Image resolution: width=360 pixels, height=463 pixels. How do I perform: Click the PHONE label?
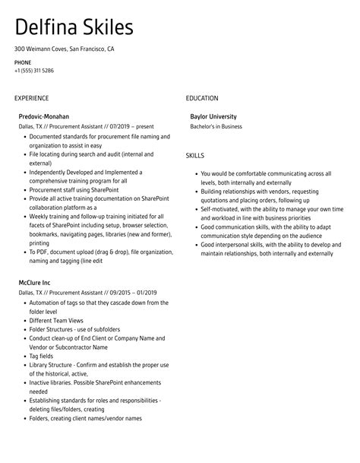[22, 62]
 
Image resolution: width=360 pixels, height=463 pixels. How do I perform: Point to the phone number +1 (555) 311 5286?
[33, 70]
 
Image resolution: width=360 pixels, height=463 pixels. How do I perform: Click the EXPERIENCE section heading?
[31, 98]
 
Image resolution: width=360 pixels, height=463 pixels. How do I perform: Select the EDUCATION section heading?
[202, 98]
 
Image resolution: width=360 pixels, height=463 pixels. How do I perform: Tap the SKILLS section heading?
[195, 155]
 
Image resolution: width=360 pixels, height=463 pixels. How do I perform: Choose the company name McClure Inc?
[35, 283]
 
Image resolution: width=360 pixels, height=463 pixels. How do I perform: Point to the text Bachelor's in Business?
[217, 126]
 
